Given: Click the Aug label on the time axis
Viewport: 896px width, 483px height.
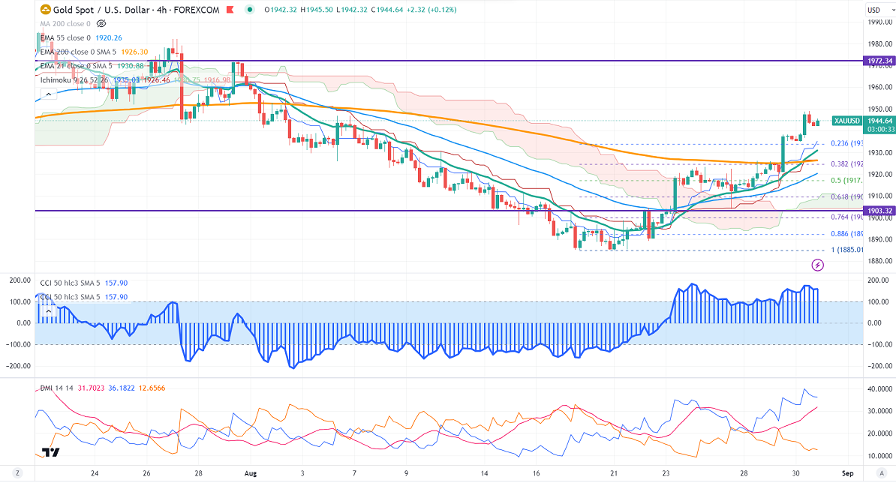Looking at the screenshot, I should [x=251, y=473].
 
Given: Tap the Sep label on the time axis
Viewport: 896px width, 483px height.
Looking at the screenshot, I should [x=847, y=473].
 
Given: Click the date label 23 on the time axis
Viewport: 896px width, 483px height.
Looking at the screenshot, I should [x=666, y=473].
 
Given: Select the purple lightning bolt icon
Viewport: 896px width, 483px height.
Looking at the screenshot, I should [x=818, y=265].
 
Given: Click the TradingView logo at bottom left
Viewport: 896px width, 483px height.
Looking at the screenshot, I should [x=51, y=452].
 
